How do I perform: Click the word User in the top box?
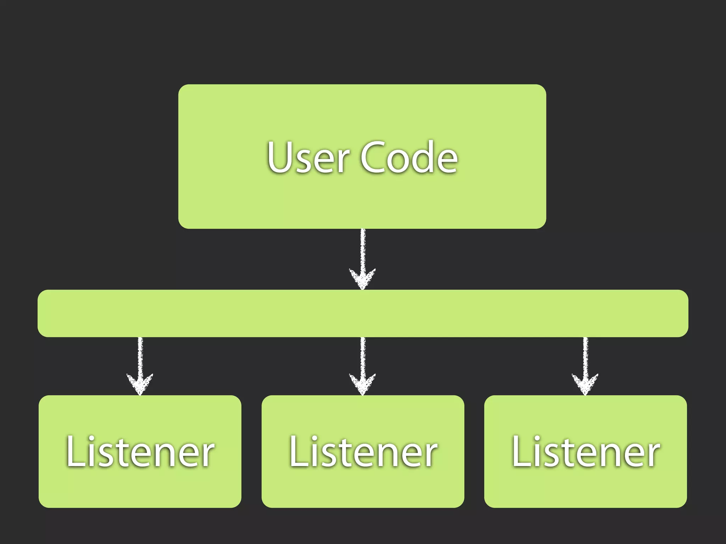(x=308, y=157)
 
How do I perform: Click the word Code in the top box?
(x=409, y=157)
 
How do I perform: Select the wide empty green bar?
(x=363, y=313)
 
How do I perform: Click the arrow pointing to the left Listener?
(x=140, y=365)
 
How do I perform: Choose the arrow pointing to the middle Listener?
(x=363, y=365)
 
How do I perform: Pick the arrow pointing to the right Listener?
(x=585, y=365)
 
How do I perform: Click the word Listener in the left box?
(x=140, y=452)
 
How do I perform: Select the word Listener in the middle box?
(x=363, y=452)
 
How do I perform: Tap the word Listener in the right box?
(x=586, y=452)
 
